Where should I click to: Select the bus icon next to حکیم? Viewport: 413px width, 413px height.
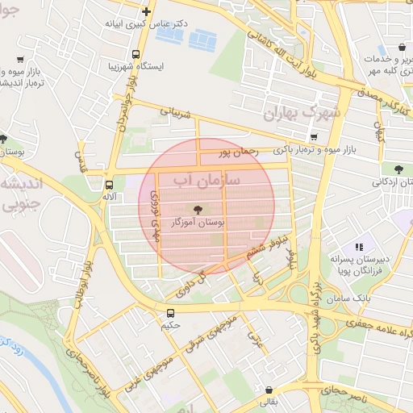click(170, 313)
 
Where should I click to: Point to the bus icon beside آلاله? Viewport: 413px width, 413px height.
click(107, 183)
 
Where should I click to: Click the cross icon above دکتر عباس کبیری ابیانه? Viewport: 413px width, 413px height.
click(145, 11)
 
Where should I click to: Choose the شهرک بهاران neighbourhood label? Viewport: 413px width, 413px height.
click(302, 114)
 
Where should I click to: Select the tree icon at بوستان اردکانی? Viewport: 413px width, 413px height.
click(398, 168)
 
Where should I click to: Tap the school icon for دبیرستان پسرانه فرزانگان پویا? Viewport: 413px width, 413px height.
click(360, 247)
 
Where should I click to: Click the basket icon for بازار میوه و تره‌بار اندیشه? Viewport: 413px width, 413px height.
click(20, 60)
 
